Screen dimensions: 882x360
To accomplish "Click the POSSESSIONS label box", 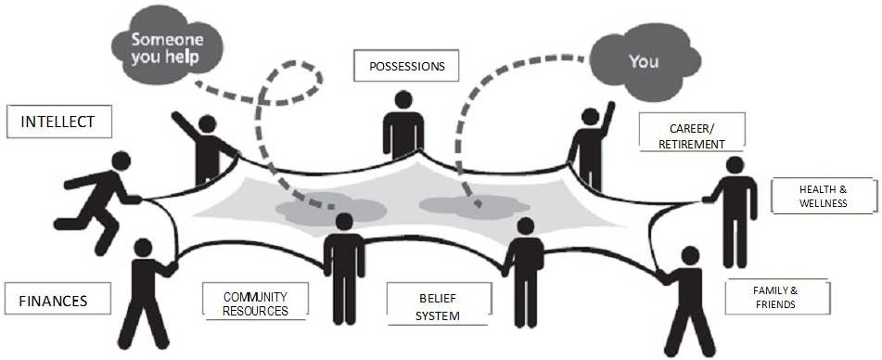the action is click(x=406, y=65).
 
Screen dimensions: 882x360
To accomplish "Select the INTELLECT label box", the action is click(x=59, y=122).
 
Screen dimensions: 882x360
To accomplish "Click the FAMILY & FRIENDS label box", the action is click(x=777, y=296).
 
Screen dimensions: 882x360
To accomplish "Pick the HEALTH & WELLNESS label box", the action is click(x=824, y=196).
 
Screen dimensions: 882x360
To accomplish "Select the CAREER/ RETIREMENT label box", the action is click(x=692, y=132).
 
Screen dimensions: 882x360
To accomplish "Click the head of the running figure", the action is click(x=121, y=161).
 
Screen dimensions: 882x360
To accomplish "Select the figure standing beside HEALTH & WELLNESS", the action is click(x=733, y=212).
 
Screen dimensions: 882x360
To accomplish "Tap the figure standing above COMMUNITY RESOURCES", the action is click(x=344, y=269).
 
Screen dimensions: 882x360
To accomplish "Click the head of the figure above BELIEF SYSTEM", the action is click(x=525, y=226).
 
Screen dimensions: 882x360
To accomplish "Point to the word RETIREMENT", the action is click(x=692, y=144).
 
